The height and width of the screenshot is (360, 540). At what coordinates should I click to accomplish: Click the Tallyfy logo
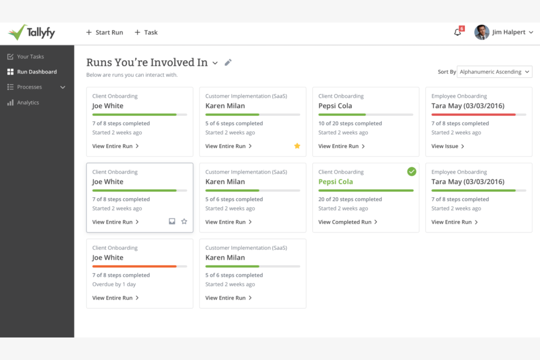[x=31, y=32]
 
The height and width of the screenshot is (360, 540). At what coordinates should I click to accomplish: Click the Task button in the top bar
[x=146, y=32]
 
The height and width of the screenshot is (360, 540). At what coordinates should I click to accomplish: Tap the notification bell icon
[x=458, y=32]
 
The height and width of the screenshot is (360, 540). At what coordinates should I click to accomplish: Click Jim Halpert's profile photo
[x=482, y=32]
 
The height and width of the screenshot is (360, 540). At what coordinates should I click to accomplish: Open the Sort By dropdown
[x=494, y=72]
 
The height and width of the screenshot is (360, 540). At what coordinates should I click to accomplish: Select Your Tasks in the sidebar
[x=30, y=57]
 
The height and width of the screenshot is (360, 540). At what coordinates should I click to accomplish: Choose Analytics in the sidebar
[x=28, y=102]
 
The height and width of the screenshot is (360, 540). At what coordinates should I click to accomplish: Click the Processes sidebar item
[x=30, y=87]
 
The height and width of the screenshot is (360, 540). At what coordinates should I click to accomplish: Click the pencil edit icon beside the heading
[x=228, y=62]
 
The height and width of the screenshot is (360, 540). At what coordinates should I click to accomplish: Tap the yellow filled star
[x=297, y=146]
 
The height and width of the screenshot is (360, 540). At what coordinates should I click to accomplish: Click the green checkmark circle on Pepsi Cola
[x=412, y=171]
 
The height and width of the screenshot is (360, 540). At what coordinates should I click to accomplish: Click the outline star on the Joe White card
[x=184, y=221]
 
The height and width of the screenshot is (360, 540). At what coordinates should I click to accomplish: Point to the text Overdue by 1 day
[x=114, y=284]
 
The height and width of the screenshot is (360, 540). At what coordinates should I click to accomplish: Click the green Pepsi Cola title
[x=336, y=182]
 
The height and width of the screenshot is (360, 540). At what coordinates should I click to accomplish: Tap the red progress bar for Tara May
[x=473, y=115]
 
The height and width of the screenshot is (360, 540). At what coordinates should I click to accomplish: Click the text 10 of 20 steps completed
[x=350, y=123]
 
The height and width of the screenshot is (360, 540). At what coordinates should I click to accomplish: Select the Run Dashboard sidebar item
[x=36, y=72]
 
